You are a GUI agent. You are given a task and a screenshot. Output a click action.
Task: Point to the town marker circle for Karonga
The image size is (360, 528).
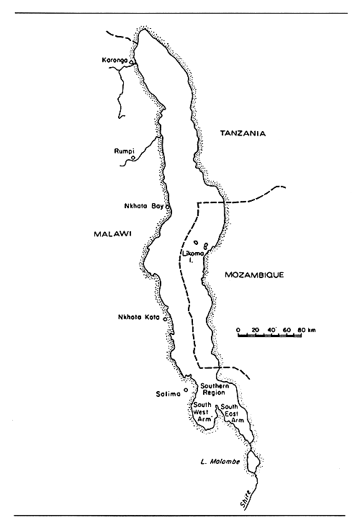tap(132, 63)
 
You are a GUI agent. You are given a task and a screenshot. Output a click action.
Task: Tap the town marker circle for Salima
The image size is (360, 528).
tap(186, 390)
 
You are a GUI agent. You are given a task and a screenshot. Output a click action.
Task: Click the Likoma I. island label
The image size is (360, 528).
tap(196, 257)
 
